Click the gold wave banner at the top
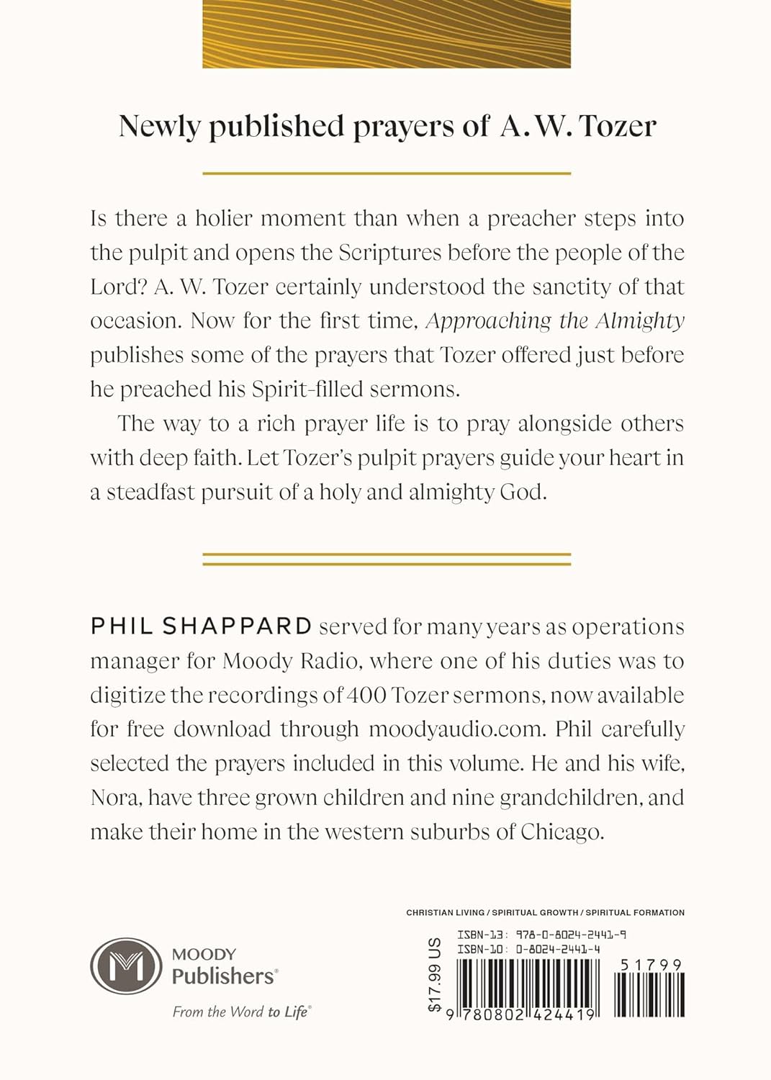[x=386, y=34]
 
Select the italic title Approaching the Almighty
[x=555, y=320]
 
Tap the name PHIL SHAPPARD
[x=201, y=626]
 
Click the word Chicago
[x=562, y=832]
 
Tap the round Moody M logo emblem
[x=126, y=966]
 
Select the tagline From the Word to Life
[x=240, y=1012]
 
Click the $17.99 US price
[x=434, y=975]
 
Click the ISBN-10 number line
[x=528, y=949]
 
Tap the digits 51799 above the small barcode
[x=651, y=965]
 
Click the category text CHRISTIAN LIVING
[x=445, y=912]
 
